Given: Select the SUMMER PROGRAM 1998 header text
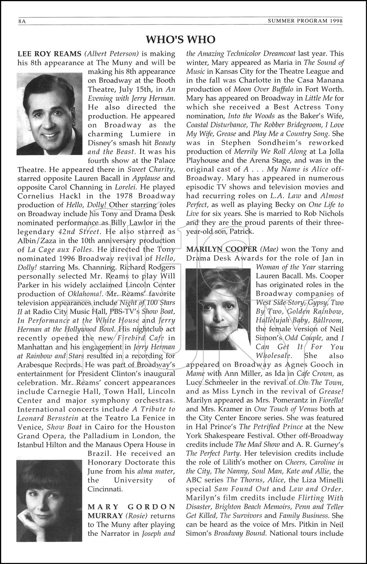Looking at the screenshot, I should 305,21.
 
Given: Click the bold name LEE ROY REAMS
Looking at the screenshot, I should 49,54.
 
